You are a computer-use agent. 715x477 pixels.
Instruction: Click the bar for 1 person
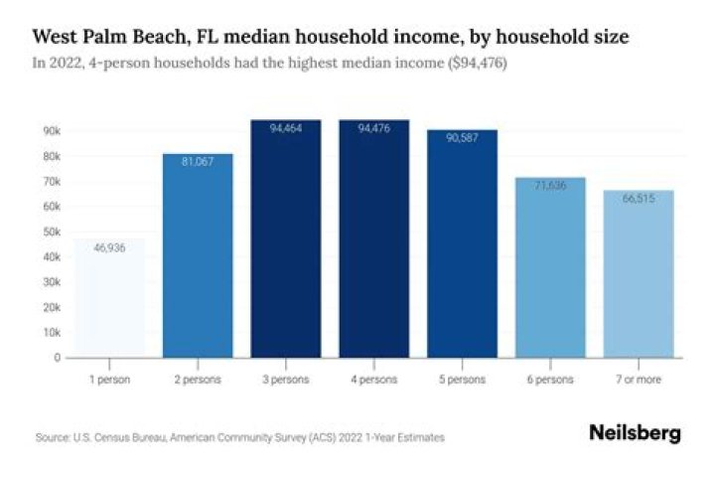[109, 298]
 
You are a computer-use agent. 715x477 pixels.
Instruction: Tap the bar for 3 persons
[285, 238]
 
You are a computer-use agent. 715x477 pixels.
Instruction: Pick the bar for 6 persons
[549, 267]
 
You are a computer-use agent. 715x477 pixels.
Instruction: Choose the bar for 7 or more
[638, 273]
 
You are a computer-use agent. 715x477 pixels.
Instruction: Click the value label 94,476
[373, 128]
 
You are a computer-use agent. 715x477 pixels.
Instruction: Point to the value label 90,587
[461, 137]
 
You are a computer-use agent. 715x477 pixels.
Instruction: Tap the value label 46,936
[109, 247]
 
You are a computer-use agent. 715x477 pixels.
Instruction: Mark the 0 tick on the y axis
[58, 358]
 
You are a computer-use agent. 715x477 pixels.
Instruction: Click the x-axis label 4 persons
[373, 380]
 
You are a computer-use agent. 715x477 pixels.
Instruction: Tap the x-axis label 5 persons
[461, 380]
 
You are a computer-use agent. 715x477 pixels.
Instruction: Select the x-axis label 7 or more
[638, 380]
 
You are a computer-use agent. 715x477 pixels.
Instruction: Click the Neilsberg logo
[635, 433]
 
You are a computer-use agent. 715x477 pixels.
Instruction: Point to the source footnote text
[239, 437]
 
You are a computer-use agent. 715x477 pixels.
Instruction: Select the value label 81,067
[198, 161]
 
